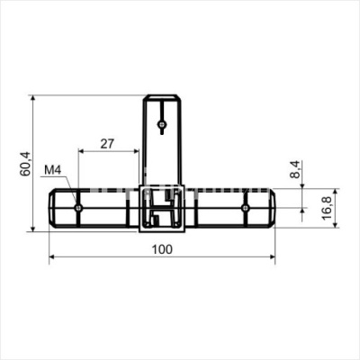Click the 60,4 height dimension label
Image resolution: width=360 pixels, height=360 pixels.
pos(25,164)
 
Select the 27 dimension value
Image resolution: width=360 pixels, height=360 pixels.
pos(107,144)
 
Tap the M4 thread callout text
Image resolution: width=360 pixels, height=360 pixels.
pos(53,170)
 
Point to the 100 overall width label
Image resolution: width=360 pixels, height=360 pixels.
pos(162,249)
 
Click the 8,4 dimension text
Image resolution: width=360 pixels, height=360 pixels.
pos(295,169)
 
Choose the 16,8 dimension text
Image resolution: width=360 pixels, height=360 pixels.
pos(327,208)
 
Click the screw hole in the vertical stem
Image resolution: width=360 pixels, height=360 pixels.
pos(162,123)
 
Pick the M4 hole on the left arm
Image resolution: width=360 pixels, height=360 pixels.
pos(78,208)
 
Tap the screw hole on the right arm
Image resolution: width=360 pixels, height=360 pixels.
pos(246,208)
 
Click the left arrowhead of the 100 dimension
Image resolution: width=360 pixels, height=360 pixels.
pos(52,256)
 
